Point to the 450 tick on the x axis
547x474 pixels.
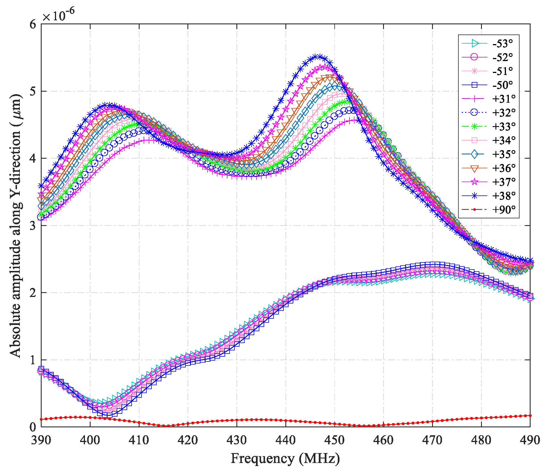pyautogui.click(x=335, y=440)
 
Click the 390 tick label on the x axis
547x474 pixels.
pyautogui.click(x=41, y=440)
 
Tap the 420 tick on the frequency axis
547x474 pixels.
pyautogui.click(x=188, y=440)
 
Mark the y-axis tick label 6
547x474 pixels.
pyautogui.click(x=33, y=24)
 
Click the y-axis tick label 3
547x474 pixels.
pyautogui.click(x=33, y=226)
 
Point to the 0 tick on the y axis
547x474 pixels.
pyautogui.click(x=33, y=427)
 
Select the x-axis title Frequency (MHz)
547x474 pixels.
pyautogui.click(x=285, y=458)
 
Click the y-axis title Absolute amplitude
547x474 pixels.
pyautogui.click(x=16, y=225)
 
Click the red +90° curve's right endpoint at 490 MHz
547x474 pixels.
pyautogui.click(x=530, y=415)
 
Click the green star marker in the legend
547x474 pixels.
pyautogui.click(x=475, y=126)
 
